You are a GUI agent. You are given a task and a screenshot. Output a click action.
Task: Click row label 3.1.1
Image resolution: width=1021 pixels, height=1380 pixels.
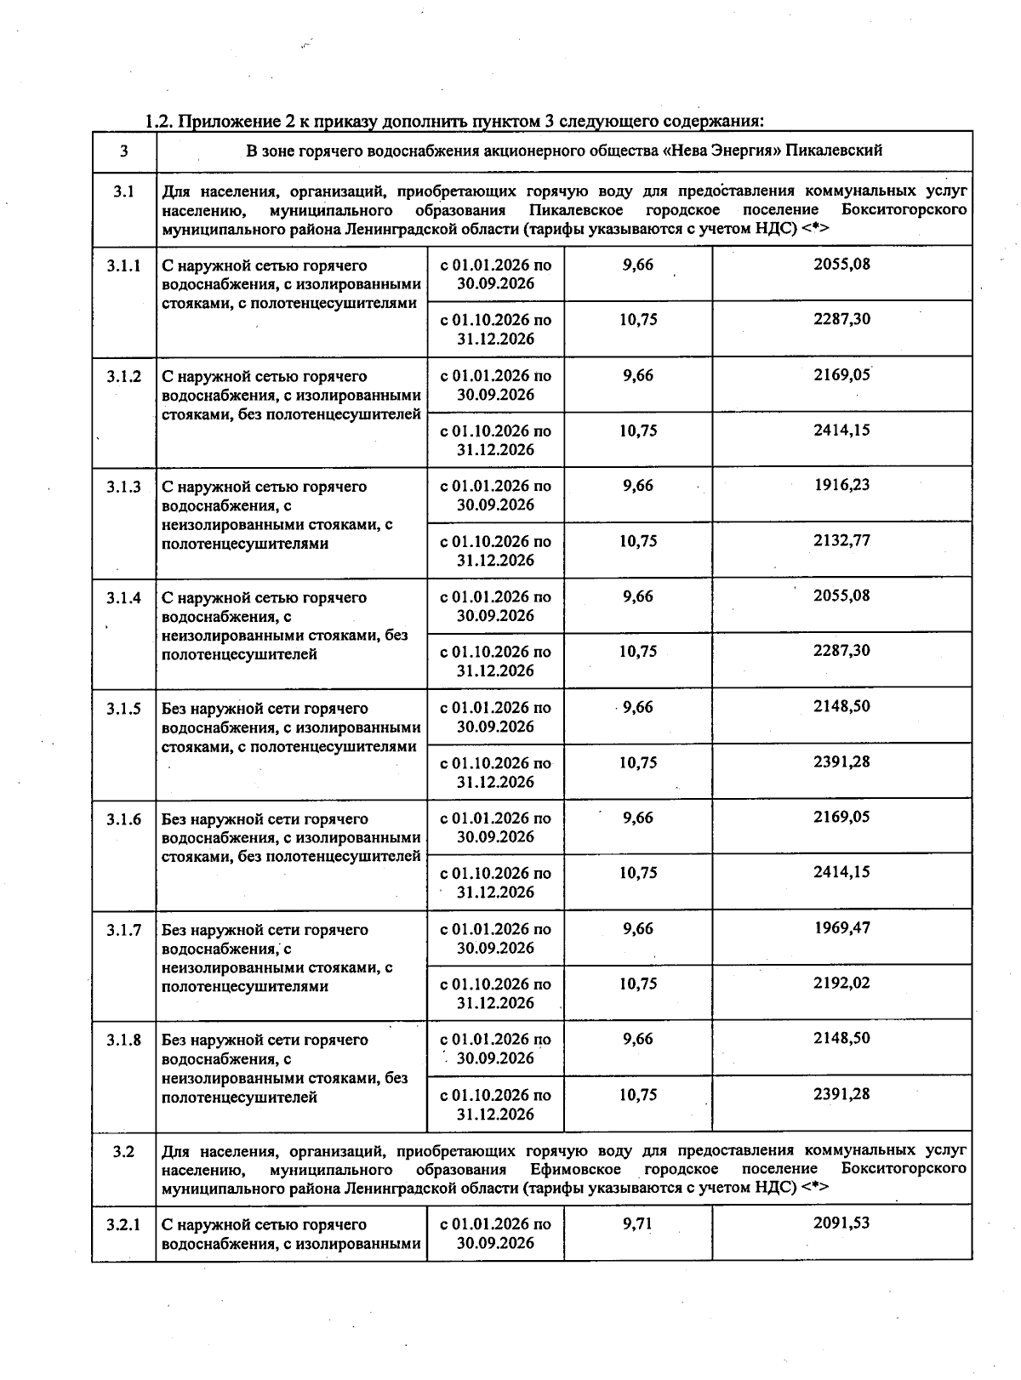(x=123, y=265)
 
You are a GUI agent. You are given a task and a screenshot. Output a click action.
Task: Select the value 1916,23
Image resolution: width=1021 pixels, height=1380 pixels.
(x=841, y=485)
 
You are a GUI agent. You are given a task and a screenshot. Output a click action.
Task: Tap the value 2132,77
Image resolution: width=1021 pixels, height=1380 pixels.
(x=841, y=540)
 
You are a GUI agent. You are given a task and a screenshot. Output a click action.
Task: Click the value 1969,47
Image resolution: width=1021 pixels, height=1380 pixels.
(x=841, y=927)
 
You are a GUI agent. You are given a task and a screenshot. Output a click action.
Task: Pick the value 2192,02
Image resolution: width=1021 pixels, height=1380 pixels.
(x=841, y=983)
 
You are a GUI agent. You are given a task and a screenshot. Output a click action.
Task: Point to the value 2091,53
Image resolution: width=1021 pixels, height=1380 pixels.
(x=841, y=1223)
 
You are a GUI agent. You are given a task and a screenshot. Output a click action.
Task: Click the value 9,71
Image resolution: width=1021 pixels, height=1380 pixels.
(x=638, y=1223)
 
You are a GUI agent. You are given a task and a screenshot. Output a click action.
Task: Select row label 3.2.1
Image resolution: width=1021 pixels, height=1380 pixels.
(x=123, y=1224)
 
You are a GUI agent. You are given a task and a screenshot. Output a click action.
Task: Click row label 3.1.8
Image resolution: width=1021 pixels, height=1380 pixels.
(x=123, y=1040)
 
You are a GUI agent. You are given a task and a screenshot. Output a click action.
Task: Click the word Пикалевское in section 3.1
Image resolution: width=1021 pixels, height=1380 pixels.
(x=574, y=210)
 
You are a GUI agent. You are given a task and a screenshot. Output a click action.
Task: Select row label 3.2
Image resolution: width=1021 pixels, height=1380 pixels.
(x=123, y=1152)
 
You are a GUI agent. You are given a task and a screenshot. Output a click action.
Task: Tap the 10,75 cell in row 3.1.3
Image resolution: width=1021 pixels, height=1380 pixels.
(x=638, y=541)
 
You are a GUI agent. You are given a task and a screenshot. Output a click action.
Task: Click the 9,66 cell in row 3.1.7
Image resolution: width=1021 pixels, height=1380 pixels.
(x=638, y=928)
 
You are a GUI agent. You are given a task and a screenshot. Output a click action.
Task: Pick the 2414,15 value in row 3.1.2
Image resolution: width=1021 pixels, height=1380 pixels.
(x=841, y=430)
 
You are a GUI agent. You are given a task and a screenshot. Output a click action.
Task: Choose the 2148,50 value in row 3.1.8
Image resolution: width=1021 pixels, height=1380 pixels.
(x=841, y=1038)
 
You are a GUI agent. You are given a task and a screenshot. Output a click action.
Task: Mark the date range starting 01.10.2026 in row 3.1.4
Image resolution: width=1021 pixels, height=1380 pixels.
(x=495, y=661)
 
